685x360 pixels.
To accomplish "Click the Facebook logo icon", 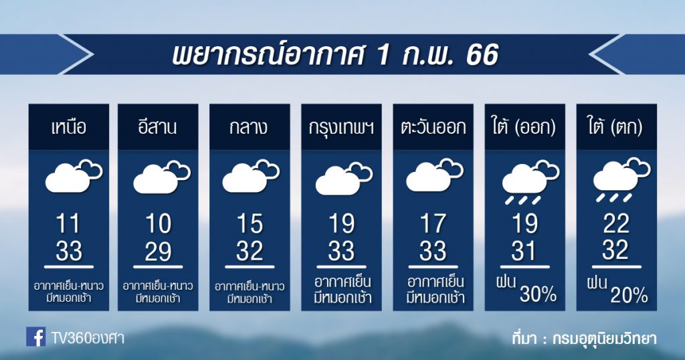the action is (x=36, y=337).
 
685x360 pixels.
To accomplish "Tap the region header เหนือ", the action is (x=69, y=128).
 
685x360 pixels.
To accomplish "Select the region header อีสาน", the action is (x=158, y=126).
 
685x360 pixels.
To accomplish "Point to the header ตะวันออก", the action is (x=433, y=128).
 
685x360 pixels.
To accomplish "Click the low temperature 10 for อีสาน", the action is (x=158, y=224).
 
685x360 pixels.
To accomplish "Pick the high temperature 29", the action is (x=158, y=252).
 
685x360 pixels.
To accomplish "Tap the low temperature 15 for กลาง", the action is (x=250, y=224).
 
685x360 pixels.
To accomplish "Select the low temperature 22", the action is (x=616, y=224).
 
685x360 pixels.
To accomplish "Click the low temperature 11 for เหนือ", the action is (x=69, y=224).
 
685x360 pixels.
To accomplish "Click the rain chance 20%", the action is (x=629, y=296).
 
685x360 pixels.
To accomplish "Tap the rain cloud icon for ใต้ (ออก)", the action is (x=530, y=183).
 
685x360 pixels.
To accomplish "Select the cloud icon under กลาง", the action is (x=251, y=177).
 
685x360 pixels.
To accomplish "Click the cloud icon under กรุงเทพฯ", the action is (x=344, y=179).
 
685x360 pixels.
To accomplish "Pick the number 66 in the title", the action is (x=482, y=55).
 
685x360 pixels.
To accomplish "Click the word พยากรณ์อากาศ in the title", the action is (x=268, y=55).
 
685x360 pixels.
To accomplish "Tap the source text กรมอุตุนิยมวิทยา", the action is (x=605, y=339).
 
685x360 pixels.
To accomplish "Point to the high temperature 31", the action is (x=524, y=252).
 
